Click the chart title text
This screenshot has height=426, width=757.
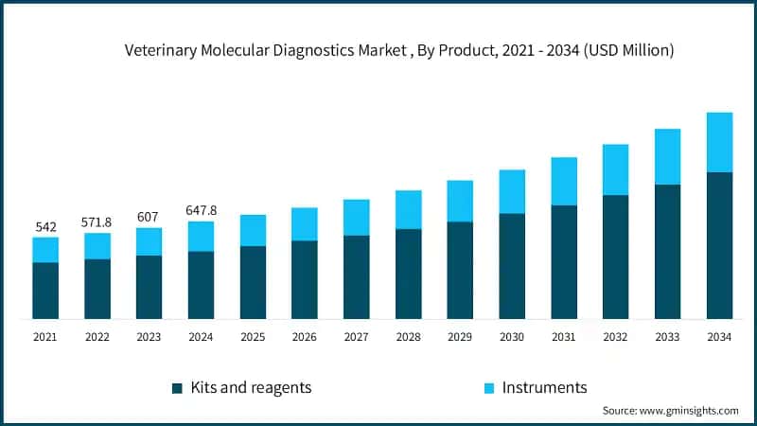coord(399,52)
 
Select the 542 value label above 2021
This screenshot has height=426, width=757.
coord(45,227)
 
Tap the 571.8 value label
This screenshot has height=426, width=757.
coord(97,222)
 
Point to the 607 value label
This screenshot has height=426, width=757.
coord(149,217)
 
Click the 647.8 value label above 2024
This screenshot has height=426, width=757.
coord(201,210)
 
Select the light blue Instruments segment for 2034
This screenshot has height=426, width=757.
coord(719,142)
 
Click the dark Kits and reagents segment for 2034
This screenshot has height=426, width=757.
coord(719,245)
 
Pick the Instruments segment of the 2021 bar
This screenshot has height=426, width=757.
coord(45,249)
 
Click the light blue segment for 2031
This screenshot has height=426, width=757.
coord(564,181)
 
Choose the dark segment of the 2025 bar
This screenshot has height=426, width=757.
coord(253,282)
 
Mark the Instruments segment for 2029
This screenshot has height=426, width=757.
coord(460,201)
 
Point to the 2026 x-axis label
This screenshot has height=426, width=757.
coord(305,337)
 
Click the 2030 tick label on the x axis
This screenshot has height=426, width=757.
coord(512,337)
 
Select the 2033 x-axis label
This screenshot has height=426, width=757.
coord(667,337)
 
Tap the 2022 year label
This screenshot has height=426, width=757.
coord(97,337)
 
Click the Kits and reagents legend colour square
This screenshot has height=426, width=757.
coord(177,388)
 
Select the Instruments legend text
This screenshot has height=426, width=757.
coord(544,387)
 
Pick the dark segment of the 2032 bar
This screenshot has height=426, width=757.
coord(615,257)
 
